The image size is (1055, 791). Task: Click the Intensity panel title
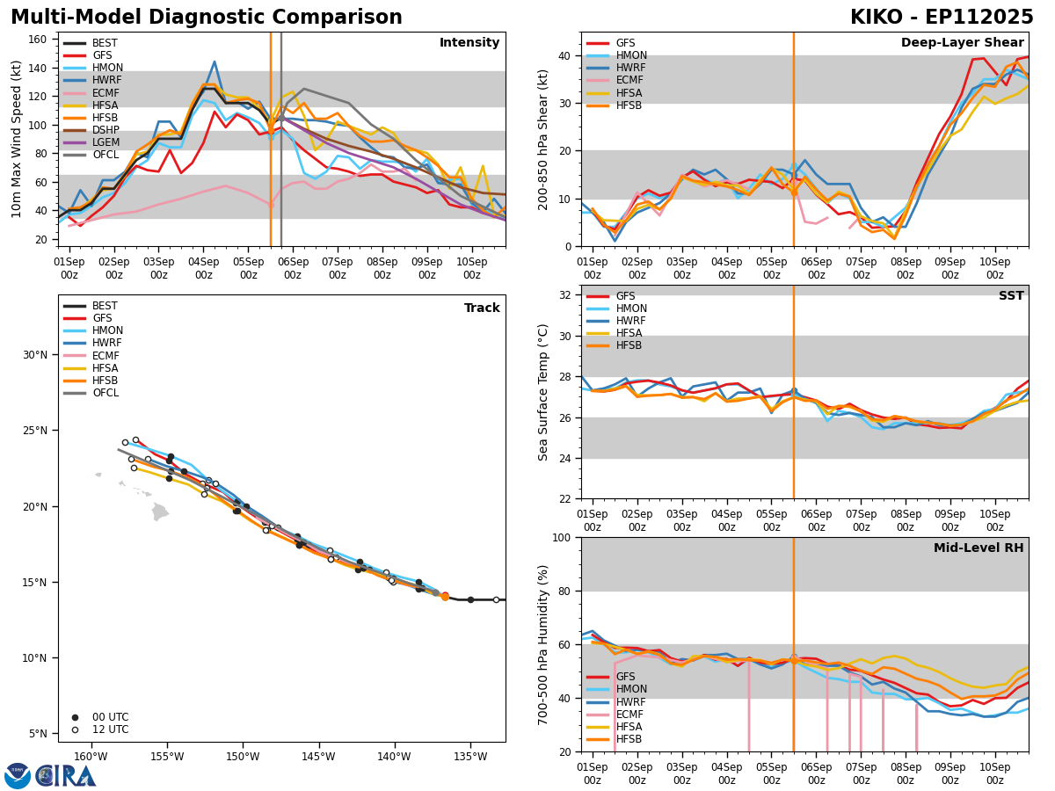pyautogui.click(x=469, y=43)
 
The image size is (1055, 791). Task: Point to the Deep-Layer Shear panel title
pyautogui.click(x=962, y=43)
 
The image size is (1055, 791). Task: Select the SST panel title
pyautogui.click(x=1010, y=296)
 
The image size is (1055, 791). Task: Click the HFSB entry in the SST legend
pyautogui.click(x=629, y=346)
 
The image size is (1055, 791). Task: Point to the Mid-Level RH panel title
pyautogui.click(x=979, y=548)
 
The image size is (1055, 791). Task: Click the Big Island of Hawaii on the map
pyautogui.click(x=159, y=512)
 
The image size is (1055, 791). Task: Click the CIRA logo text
pyautogui.click(x=66, y=776)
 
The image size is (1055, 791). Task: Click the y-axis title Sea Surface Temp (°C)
pyautogui.click(x=544, y=392)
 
